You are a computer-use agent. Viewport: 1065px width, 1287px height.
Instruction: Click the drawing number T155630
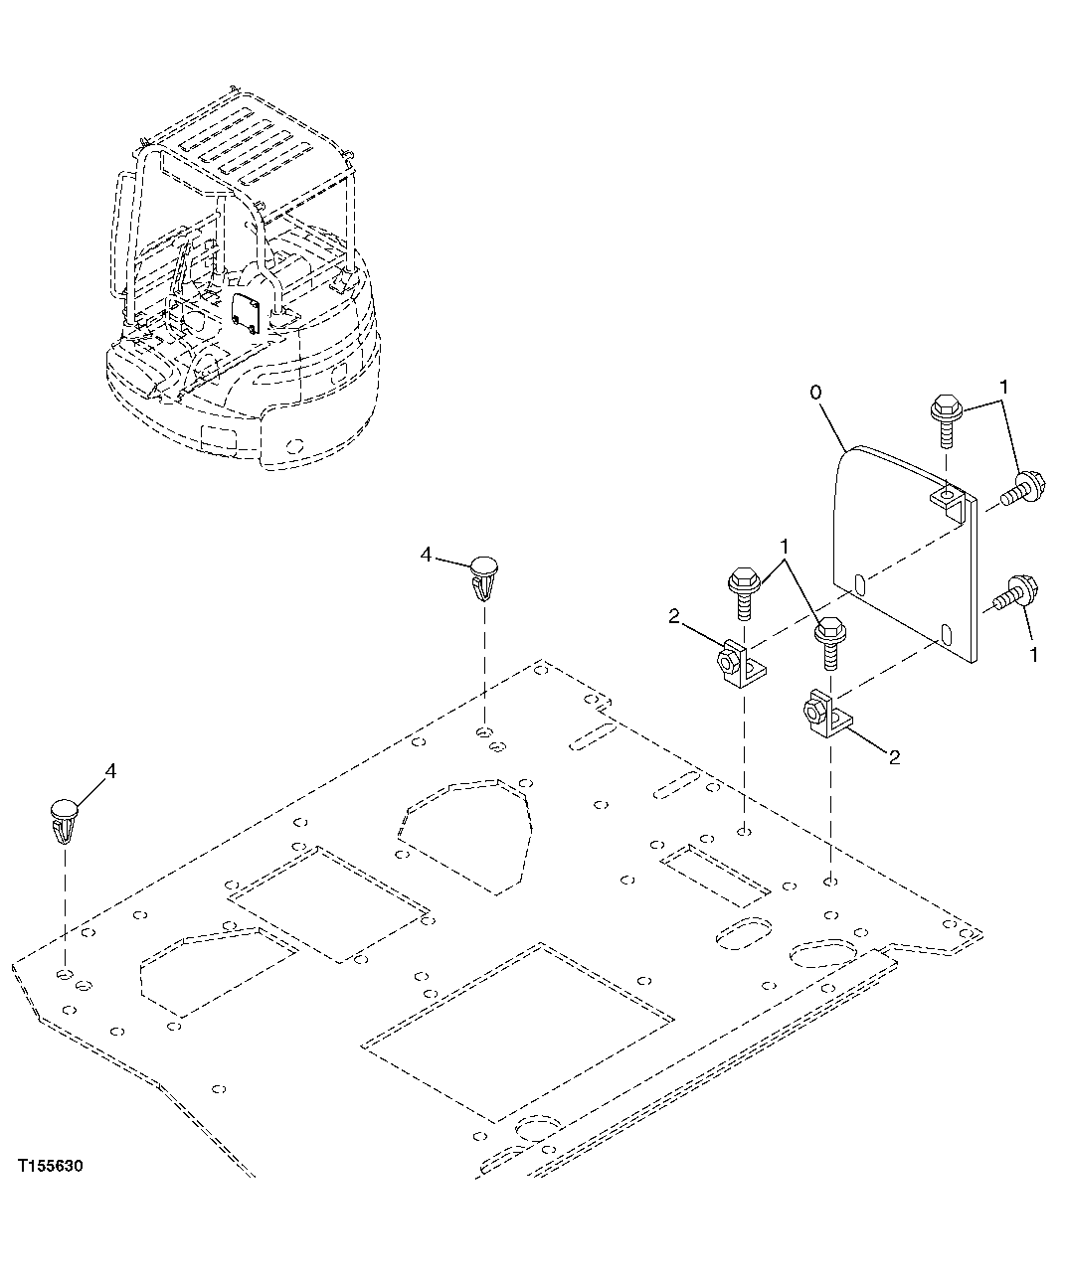(50, 1164)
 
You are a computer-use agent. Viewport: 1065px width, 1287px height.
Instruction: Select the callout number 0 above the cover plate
(815, 393)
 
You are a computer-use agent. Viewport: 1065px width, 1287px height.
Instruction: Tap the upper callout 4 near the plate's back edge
(427, 556)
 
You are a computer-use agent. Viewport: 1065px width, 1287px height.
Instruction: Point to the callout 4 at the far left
(109, 770)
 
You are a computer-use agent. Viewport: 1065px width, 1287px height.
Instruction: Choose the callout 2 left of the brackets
(674, 618)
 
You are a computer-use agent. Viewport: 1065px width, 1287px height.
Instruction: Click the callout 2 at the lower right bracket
(894, 757)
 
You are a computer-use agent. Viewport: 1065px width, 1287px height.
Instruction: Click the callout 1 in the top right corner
(1005, 386)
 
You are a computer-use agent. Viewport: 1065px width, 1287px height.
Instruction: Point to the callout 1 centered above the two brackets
(786, 546)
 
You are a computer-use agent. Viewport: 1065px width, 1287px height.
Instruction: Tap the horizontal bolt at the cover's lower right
(1011, 594)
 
